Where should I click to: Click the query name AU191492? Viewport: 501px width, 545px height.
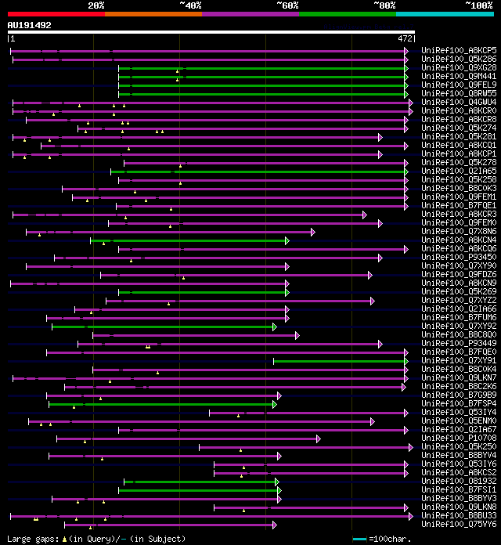click(x=30, y=25)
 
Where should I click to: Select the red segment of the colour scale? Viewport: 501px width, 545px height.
click(x=56, y=14)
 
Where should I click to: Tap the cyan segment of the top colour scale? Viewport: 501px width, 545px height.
click(x=444, y=14)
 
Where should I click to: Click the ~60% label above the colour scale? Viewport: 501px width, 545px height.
click(x=287, y=5)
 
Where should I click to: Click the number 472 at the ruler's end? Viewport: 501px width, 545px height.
click(x=405, y=38)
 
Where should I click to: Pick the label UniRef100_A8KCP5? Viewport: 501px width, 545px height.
click(x=459, y=51)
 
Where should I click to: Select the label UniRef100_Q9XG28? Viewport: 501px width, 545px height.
click(x=459, y=68)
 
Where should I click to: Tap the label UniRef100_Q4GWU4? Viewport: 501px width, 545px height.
click(x=459, y=103)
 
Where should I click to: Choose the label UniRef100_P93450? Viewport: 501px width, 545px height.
click(x=459, y=258)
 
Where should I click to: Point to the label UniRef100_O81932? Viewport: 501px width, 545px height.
click(x=459, y=482)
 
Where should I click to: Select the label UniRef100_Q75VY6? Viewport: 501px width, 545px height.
click(x=459, y=525)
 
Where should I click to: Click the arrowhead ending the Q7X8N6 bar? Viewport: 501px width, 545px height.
click(x=312, y=232)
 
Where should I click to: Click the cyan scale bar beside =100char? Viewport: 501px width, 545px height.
click(x=359, y=539)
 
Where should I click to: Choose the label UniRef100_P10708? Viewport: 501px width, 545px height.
click(x=459, y=439)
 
